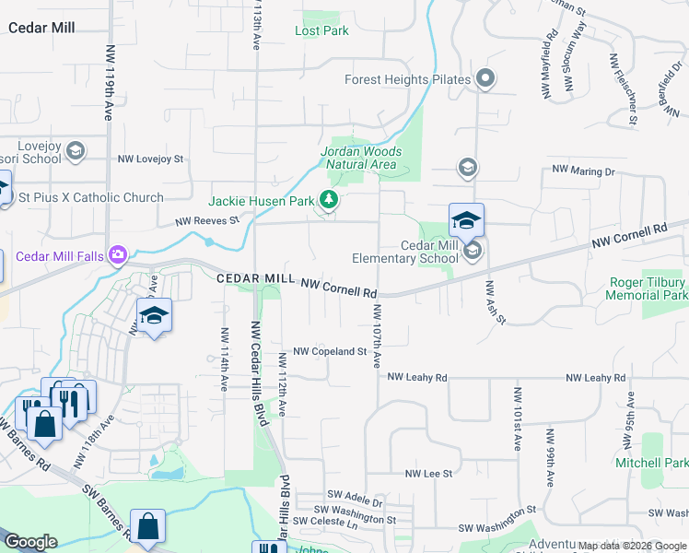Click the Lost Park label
[321, 30]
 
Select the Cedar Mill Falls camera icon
[117, 254]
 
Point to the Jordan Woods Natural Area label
[361, 158]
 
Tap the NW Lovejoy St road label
[150, 159]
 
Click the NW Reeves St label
[208, 221]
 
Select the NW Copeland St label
[330, 352]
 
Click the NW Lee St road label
[429, 473]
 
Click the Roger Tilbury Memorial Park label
[647, 288]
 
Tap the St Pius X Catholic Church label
[90, 197]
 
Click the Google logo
[30, 541]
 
